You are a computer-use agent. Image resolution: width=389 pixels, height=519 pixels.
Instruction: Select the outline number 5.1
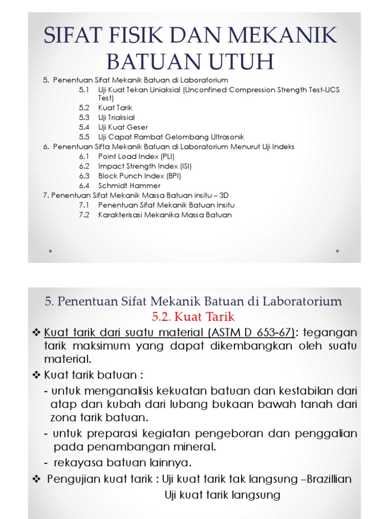pos(84,90)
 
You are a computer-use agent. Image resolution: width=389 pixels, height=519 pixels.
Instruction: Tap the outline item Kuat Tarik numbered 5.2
pos(115,107)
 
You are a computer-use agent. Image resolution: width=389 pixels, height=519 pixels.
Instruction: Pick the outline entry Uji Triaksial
pos(116,117)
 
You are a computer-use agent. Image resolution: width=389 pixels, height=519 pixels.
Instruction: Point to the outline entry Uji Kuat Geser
pos(123,127)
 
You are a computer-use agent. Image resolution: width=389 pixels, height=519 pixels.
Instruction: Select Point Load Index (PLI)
pos(136,157)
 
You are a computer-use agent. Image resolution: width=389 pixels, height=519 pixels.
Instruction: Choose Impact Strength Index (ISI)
pos(145,166)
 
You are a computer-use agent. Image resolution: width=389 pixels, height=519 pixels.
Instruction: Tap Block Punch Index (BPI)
pos(139,176)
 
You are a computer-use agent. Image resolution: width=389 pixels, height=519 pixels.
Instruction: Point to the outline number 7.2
pos(84,215)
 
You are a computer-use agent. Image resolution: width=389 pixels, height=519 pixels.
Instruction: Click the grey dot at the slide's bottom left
pos(51,250)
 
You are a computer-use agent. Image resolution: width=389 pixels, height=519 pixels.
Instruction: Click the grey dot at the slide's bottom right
pos(338,250)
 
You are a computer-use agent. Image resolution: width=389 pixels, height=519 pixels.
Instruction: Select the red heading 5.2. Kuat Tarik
pos(193,317)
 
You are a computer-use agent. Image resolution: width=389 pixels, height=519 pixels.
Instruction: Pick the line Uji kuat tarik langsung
pos(222,495)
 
